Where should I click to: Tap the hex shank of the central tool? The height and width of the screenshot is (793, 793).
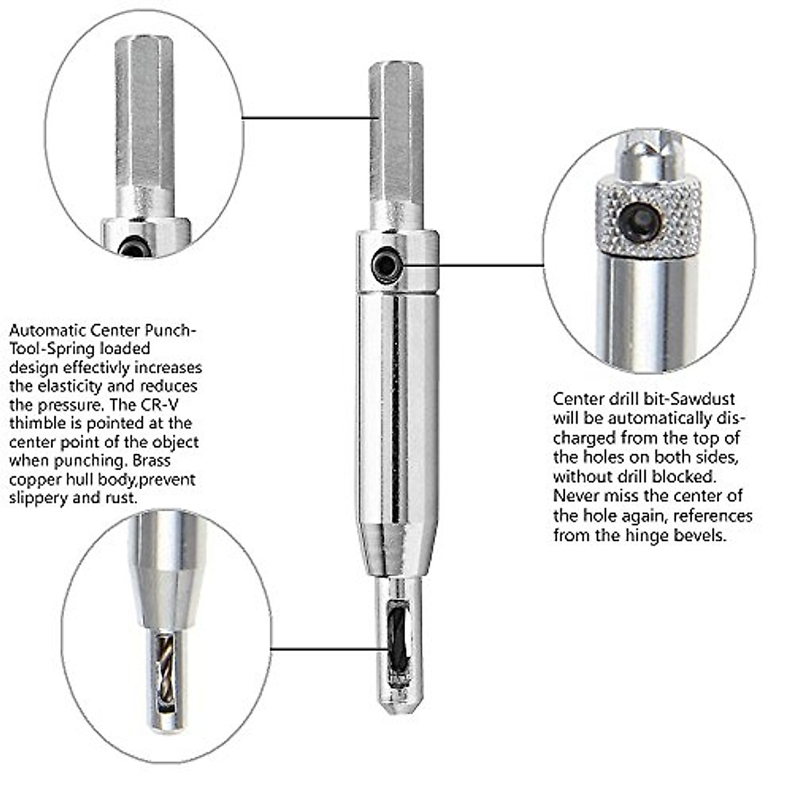point(396,139)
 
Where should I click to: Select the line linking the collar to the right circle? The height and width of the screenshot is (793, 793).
point(489,265)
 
